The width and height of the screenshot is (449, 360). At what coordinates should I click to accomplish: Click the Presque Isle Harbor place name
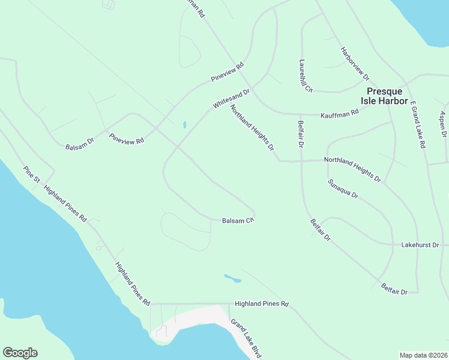[x=387, y=96]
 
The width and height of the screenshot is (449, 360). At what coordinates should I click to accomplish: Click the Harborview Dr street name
[x=354, y=64]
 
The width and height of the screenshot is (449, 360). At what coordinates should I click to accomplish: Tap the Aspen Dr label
[x=443, y=124]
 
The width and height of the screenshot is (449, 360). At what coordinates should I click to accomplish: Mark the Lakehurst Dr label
[x=420, y=245]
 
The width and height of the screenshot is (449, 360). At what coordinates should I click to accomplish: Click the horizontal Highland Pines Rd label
[x=262, y=304]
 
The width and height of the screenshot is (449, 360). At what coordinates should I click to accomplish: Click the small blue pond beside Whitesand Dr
[x=184, y=125]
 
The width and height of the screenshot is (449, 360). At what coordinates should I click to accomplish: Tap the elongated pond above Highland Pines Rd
[x=232, y=278]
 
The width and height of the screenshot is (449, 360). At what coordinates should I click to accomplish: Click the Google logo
[x=20, y=353]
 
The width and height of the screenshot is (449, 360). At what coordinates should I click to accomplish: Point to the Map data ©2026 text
[x=423, y=355]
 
